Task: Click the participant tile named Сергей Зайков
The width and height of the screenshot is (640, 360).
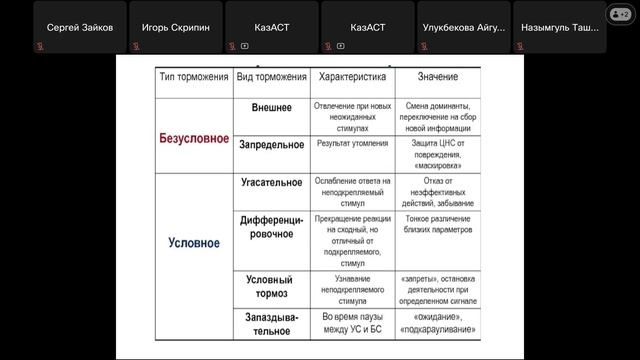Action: click(79, 26)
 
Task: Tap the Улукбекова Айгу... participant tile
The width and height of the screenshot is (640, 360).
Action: click(463, 26)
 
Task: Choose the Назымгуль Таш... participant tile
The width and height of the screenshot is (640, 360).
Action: click(558, 26)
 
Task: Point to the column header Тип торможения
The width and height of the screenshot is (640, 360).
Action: click(194, 78)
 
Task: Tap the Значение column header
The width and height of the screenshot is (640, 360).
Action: click(438, 78)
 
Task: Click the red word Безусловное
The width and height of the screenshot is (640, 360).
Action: click(194, 138)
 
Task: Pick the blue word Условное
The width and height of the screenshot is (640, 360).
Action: click(194, 242)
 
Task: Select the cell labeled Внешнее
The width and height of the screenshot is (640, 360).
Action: click(271, 108)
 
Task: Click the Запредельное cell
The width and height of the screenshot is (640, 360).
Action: click(271, 144)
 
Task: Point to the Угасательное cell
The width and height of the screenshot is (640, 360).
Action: click(271, 183)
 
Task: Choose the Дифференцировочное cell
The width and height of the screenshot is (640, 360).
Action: click(271, 226)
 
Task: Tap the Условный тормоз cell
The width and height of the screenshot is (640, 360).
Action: click(271, 286)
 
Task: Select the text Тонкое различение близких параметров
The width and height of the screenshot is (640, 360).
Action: click(438, 223)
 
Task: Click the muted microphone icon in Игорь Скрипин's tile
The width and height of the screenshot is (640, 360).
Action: click(136, 45)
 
